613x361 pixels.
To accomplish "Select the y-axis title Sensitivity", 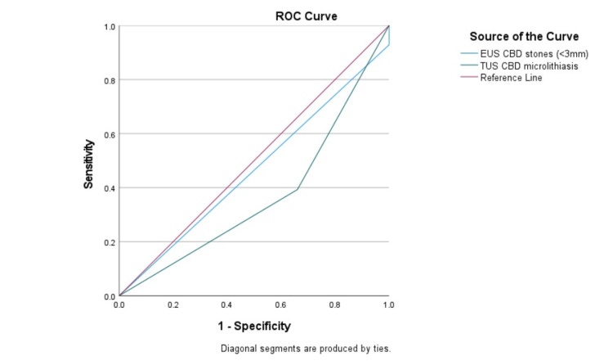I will pyautogui.click(x=89, y=164).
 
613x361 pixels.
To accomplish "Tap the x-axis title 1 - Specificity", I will pyautogui.click(x=253, y=326).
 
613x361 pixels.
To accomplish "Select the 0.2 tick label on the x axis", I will pyautogui.click(x=173, y=305).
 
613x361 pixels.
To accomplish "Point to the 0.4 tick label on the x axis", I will pyautogui.click(x=227, y=305).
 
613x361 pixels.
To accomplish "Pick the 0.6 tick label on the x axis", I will pyautogui.click(x=281, y=305).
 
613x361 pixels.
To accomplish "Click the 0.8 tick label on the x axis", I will pyautogui.click(x=335, y=305).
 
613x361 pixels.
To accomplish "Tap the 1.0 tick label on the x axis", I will pyautogui.click(x=389, y=305).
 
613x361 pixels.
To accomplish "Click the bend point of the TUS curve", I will pyautogui.click(x=298, y=189).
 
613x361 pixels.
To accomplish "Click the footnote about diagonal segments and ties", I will pyautogui.click(x=306, y=348).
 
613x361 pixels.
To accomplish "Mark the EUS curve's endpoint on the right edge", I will pyautogui.click(x=389, y=45).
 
